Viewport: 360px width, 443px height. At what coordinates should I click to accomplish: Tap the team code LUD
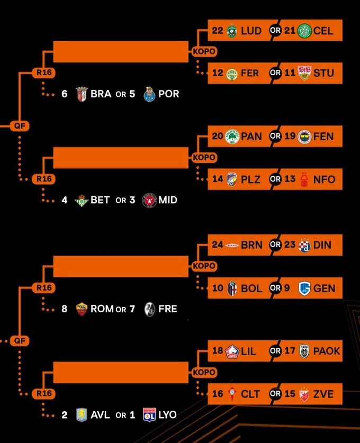251,31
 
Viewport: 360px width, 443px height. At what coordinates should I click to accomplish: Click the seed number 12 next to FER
218,73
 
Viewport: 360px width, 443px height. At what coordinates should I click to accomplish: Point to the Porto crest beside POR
149,94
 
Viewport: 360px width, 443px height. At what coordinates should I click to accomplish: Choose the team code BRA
101,94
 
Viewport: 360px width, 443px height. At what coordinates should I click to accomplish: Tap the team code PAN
251,137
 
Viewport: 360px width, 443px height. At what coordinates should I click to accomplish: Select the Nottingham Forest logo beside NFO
304,179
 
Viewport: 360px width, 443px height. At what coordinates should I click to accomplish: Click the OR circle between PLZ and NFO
275,179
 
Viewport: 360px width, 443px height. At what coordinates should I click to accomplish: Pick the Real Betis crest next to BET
81,200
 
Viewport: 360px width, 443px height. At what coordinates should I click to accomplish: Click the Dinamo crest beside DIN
304,245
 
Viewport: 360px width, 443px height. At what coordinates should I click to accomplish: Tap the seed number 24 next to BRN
218,245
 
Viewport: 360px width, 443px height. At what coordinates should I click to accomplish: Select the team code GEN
324,288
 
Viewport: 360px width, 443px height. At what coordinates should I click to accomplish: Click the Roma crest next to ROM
81,309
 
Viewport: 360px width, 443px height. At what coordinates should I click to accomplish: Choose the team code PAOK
327,351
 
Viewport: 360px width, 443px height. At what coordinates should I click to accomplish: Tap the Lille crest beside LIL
232,351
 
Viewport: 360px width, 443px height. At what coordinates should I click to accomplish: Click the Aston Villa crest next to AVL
81,414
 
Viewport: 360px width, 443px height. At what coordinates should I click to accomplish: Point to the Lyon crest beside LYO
149,414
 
